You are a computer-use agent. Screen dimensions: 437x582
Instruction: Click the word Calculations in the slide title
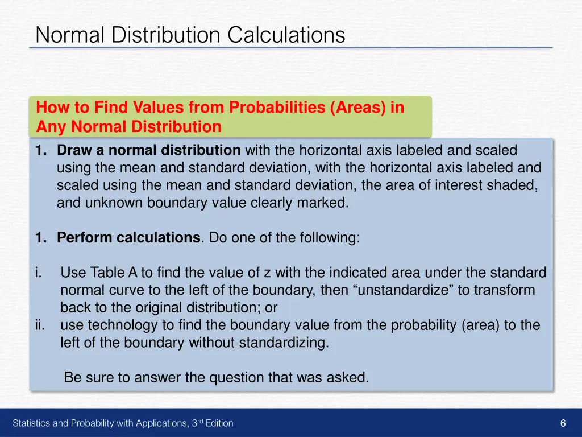286,35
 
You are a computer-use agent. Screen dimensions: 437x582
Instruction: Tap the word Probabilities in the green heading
277,108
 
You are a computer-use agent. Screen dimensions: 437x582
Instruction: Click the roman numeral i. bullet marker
38,273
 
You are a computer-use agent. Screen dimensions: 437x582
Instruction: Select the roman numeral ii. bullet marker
39,325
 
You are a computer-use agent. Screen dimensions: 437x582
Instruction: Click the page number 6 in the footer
563,423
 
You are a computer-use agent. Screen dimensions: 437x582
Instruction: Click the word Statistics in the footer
32,423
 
